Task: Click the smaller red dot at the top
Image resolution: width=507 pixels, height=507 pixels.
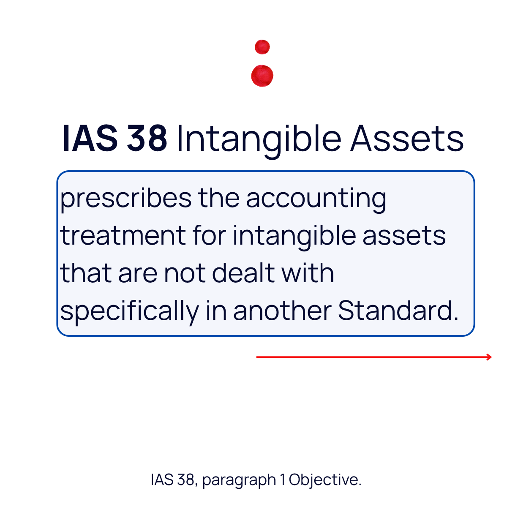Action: [x=262, y=47]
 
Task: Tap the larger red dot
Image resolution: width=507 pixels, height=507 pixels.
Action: [x=262, y=76]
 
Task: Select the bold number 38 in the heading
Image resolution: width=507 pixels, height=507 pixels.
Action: [x=147, y=139]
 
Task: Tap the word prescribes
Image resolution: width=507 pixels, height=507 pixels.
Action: [x=125, y=199]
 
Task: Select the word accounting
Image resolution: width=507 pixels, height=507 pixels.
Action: [x=316, y=199]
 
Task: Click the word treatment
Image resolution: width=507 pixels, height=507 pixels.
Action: [x=123, y=236]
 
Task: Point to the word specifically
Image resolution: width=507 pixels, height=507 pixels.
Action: [x=129, y=312]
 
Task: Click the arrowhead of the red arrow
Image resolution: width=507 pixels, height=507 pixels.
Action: [x=489, y=357]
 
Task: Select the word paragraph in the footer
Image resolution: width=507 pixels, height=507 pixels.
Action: [x=239, y=480]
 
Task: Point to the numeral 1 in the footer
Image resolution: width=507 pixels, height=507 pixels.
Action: [x=282, y=480]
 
